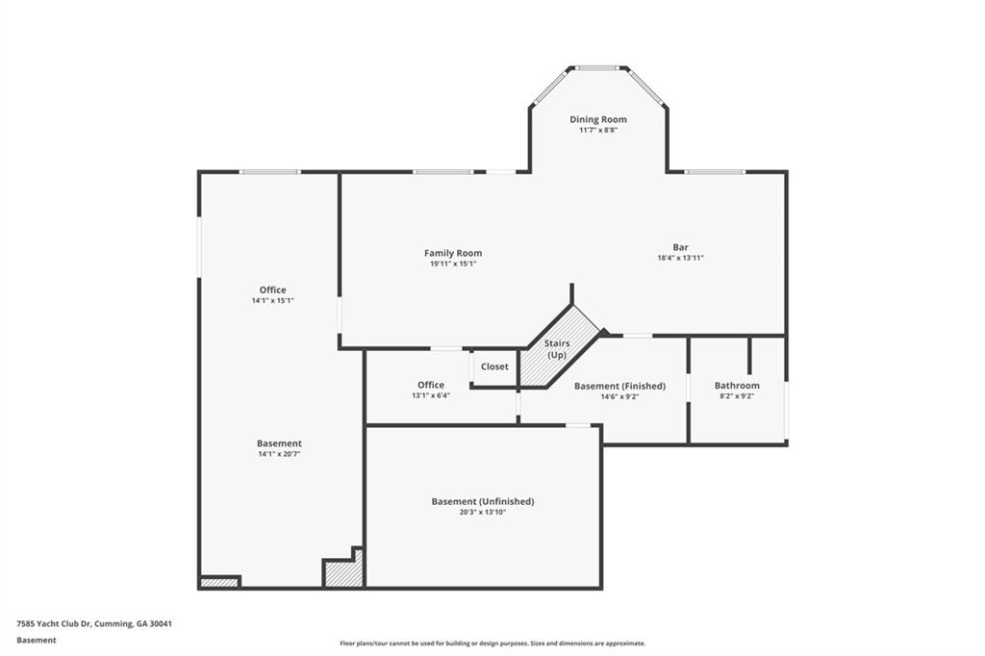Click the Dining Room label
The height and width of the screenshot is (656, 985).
click(598, 119)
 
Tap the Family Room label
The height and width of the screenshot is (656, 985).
click(453, 253)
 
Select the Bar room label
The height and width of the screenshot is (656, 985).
click(680, 247)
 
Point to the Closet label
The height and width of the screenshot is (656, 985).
click(494, 366)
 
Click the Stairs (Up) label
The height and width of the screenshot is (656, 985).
click(557, 349)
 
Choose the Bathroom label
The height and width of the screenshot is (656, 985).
click(737, 385)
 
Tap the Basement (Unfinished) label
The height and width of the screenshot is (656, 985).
click(483, 501)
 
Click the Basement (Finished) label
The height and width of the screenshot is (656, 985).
click(620, 386)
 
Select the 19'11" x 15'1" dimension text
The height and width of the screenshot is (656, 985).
click(453, 264)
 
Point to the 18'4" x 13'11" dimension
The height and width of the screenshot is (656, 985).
click(680, 258)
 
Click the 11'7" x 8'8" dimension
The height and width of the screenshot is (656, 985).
click(598, 130)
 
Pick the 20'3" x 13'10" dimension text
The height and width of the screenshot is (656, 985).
click(483, 512)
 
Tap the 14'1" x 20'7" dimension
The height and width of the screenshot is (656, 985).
click(280, 454)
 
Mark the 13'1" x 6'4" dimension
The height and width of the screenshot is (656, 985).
click(431, 396)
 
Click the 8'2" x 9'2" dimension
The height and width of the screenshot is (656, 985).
click(737, 396)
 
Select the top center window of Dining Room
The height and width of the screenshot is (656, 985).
click(597, 68)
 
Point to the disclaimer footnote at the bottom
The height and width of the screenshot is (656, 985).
click(492, 643)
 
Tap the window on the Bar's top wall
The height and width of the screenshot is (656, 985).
click(715, 171)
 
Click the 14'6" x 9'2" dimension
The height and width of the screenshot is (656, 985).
click(620, 396)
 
